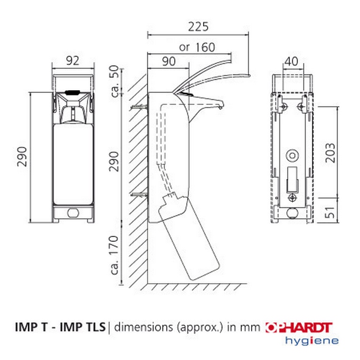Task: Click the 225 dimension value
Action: [198, 27]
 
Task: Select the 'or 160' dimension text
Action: [197, 47]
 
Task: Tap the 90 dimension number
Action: [169, 61]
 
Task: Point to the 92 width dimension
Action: [73, 60]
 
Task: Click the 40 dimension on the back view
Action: [292, 61]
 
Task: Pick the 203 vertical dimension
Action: [330, 153]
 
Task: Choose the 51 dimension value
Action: [330, 212]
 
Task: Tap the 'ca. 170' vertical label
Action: [114, 255]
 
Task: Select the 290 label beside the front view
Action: [22, 157]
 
